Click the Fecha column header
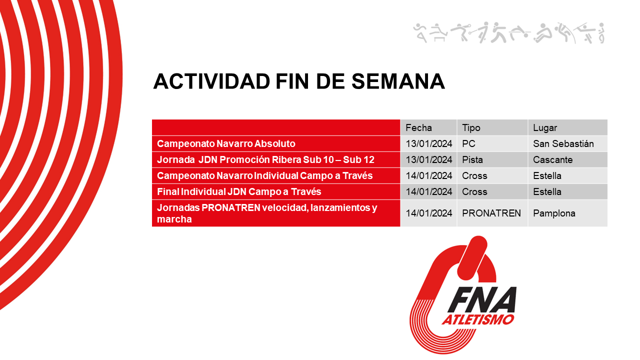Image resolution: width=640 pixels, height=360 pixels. [418, 127]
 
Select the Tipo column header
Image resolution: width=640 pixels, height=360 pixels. [471, 127]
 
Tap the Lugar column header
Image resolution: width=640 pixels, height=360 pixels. [545, 127]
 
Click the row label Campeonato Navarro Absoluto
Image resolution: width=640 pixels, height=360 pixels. [226, 143]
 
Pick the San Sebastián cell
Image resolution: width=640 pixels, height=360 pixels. [563, 143]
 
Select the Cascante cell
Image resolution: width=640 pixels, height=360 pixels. [553, 160]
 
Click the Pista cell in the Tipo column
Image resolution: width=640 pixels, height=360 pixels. [472, 160]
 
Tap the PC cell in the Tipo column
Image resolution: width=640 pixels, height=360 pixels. [468, 143]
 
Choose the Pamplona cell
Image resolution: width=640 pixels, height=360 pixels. [554, 213]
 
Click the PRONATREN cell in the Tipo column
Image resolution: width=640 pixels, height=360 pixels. [491, 213]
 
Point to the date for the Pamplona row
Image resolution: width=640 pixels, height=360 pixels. [428, 213]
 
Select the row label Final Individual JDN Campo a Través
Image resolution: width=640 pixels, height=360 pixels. [239, 191]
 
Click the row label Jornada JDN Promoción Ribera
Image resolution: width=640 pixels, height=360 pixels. [265, 160]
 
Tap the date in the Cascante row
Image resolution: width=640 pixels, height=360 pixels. [428, 160]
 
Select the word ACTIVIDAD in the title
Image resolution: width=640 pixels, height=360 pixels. [211, 81]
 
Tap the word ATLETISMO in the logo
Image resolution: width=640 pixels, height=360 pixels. [478, 319]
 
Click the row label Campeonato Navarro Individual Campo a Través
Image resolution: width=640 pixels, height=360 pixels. [257, 175]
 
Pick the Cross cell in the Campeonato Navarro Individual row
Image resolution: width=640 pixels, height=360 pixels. [474, 175]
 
